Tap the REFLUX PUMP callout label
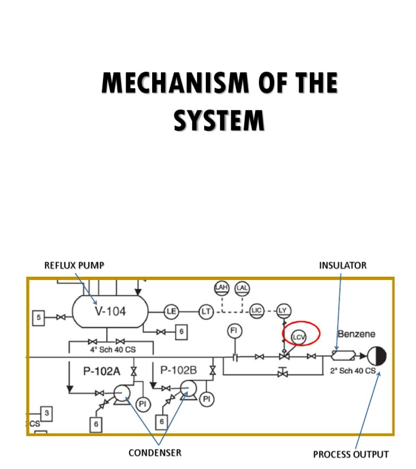pyautogui.click(x=74, y=265)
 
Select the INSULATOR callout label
pyautogui.click(x=342, y=265)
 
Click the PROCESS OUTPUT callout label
pyautogui.click(x=350, y=454)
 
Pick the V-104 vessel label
pyautogui.click(x=110, y=311)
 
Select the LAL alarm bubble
pyautogui.click(x=243, y=288)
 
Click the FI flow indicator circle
pyautogui.click(x=235, y=330)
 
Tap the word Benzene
pyautogui.click(x=356, y=334)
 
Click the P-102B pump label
pyautogui.click(x=178, y=371)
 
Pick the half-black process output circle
pyautogui.click(x=376, y=356)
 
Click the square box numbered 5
pyautogui.click(x=38, y=317)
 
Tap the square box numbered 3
pyautogui.click(x=47, y=414)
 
